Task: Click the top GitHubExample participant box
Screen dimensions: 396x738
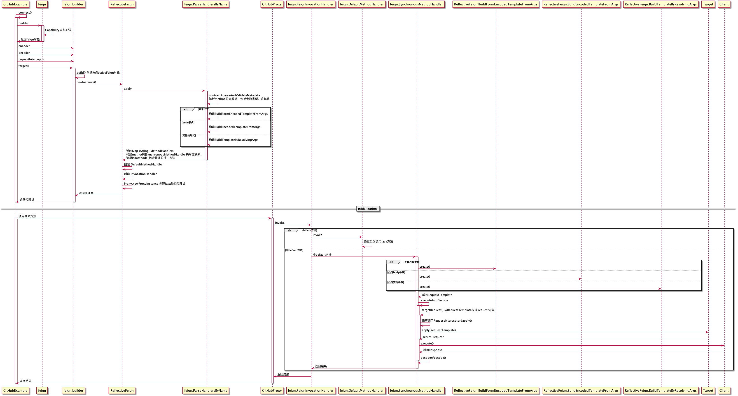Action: click(x=15, y=4)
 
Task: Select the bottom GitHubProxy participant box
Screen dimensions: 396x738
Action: click(x=272, y=391)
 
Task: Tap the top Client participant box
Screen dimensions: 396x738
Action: click(x=724, y=4)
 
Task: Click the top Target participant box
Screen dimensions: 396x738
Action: click(x=708, y=4)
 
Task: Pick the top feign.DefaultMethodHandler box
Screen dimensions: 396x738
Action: click(x=362, y=4)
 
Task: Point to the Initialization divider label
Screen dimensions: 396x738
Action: click(x=367, y=209)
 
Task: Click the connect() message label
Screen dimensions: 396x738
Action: click(x=25, y=13)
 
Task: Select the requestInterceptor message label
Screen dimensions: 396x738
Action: click(x=32, y=59)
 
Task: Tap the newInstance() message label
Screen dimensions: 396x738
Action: click(x=86, y=82)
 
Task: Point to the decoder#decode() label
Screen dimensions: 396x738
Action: click(x=433, y=358)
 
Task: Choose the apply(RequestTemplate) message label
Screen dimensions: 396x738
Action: click(x=439, y=330)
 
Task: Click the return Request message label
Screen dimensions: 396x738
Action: click(x=433, y=337)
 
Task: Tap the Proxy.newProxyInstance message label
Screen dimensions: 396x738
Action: click(x=154, y=184)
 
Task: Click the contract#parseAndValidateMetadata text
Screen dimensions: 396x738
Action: click(x=234, y=95)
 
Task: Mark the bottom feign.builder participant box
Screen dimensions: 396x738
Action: click(x=73, y=391)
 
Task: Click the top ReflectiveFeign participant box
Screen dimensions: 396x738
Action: click(x=122, y=4)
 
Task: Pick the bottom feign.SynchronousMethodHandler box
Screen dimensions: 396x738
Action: click(x=416, y=391)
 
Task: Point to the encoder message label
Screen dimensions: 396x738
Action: click(x=24, y=46)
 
